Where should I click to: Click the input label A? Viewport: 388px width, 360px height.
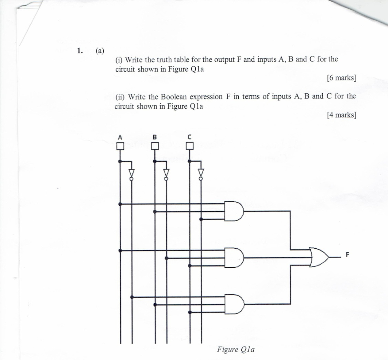coord(120,137)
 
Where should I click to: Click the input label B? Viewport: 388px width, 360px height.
coord(155,137)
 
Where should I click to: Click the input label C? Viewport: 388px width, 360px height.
coord(189,137)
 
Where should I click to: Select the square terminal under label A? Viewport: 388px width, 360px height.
coord(120,146)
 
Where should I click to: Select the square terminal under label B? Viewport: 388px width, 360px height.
coord(155,146)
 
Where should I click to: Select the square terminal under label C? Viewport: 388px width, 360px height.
coord(189,146)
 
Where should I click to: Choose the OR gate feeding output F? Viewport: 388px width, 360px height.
coord(319,257)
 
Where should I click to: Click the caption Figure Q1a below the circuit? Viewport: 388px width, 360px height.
coord(236,350)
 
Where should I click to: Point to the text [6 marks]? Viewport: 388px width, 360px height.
coord(341,78)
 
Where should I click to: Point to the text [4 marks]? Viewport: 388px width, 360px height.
coord(341,115)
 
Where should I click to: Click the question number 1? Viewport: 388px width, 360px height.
coord(80,51)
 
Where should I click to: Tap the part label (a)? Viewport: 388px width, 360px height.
coord(100,51)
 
